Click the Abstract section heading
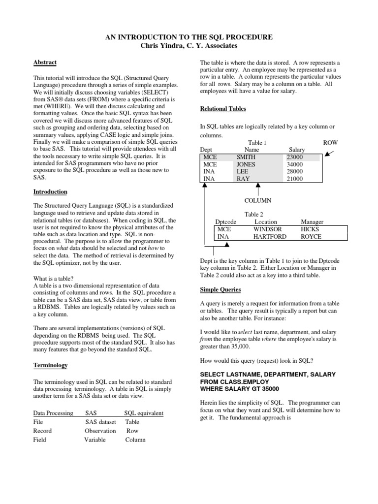(45, 63)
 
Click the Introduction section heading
(50, 191)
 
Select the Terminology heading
(50, 366)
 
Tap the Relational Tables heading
(223, 109)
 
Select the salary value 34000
(295, 164)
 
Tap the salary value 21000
(295, 179)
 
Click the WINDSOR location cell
(268, 229)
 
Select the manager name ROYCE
(311, 237)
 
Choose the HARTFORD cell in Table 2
(271, 237)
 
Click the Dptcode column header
(226, 222)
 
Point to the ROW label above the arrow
(330, 142)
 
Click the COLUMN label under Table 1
(258, 201)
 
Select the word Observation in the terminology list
(100, 431)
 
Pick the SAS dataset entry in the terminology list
(101, 422)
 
